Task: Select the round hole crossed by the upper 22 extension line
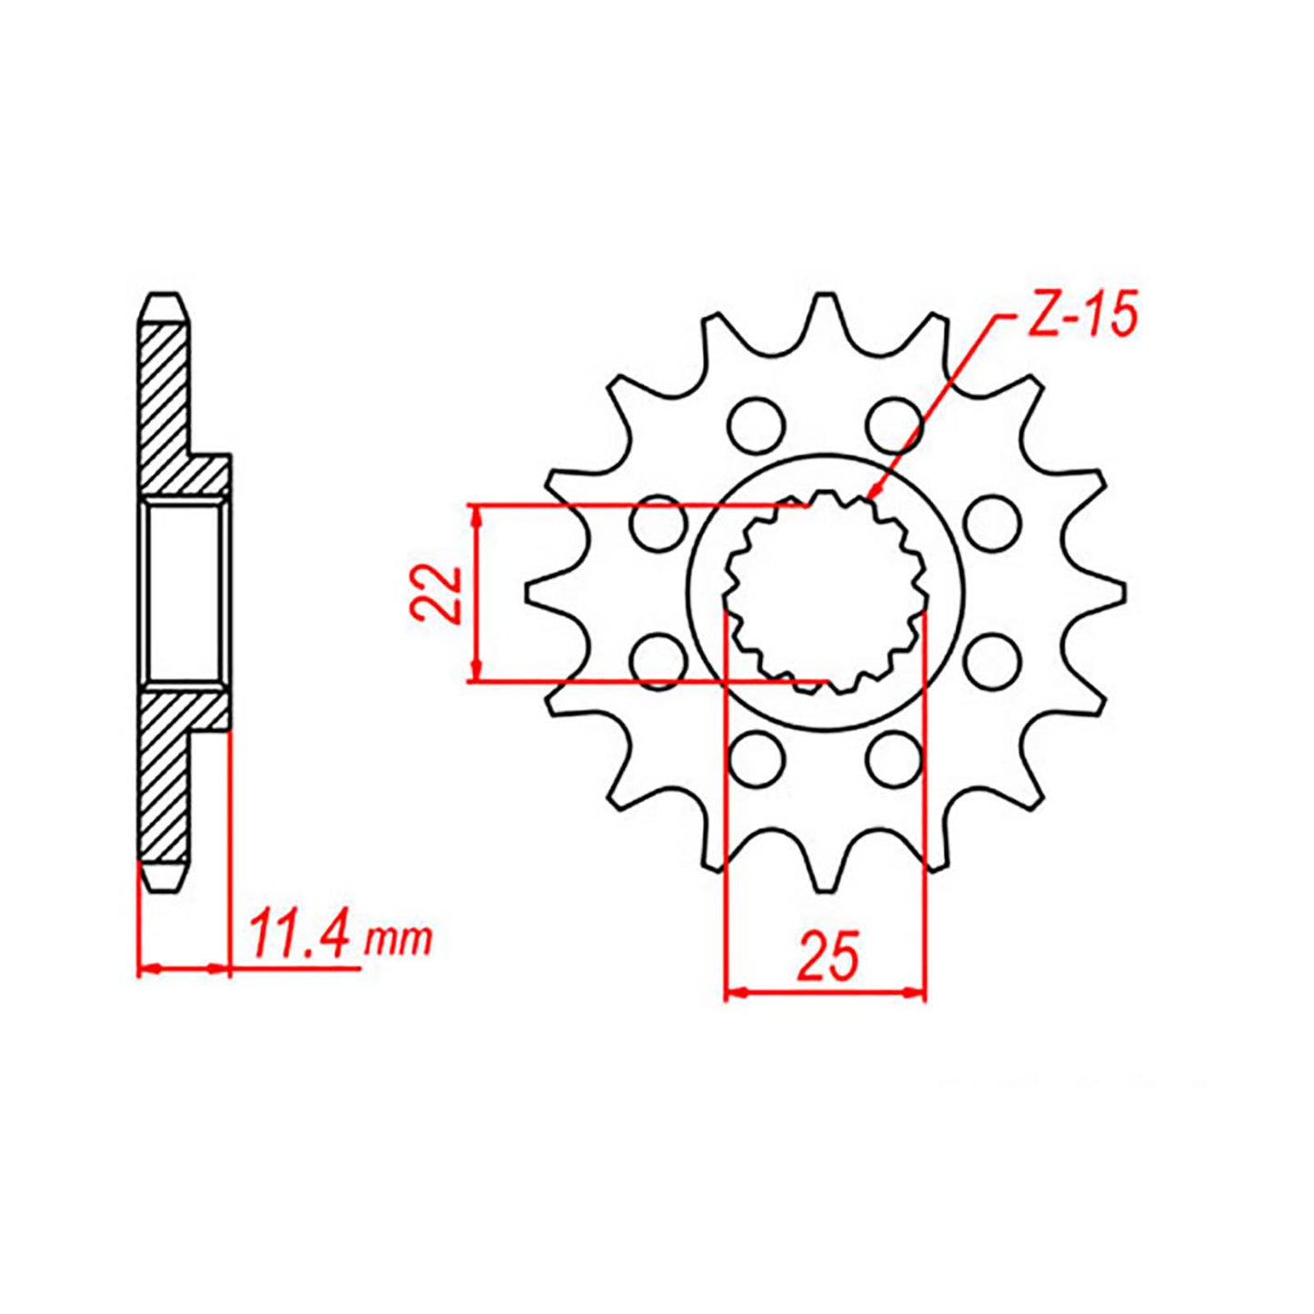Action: [658, 524]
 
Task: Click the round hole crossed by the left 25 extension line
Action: [755, 757]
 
